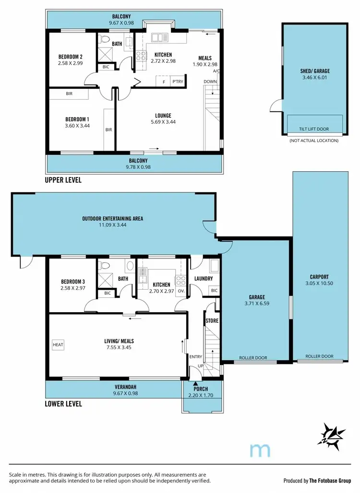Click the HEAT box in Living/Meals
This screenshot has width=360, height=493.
point(58,344)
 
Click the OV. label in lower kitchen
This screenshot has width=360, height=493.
point(181,291)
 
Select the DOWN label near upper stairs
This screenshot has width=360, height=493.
point(210,82)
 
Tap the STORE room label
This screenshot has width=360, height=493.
point(212,320)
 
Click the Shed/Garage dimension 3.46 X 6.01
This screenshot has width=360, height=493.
point(315,77)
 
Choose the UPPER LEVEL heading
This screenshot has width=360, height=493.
point(63,180)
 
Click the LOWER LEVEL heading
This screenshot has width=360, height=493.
point(63,404)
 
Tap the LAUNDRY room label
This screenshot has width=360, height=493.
point(203,279)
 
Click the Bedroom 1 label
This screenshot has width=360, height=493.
point(77,119)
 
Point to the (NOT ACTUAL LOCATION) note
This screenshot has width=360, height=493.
point(313,141)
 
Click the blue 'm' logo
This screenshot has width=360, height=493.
point(261,450)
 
